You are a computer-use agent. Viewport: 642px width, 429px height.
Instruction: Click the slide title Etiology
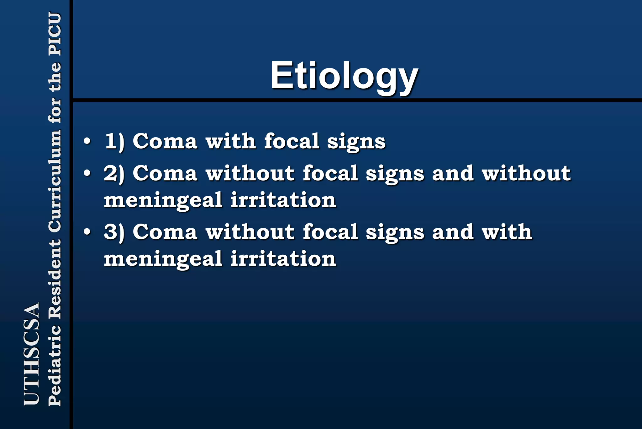pyautogui.click(x=344, y=76)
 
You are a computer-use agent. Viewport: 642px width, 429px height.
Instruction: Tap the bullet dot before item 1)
pyautogui.click(x=87, y=141)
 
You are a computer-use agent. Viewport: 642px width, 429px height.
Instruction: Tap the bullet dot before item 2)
pyautogui.click(x=87, y=173)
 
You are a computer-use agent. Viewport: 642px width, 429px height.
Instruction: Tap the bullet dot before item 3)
pyautogui.click(x=87, y=232)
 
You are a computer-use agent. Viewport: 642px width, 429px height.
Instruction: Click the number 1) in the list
pyautogui.click(x=114, y=141)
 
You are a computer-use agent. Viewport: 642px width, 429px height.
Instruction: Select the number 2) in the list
pyautogui.click(x=114, y=173)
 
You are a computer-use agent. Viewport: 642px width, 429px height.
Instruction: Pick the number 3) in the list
pyautogui.click(x=114, y=232)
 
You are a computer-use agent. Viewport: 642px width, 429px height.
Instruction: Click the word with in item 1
pyautogui.click(x=230, y=141)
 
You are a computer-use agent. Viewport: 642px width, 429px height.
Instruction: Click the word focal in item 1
pyautogui.click(x=292, y=141)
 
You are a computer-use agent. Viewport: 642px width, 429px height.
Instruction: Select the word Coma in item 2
pyautogui.click(x=165, y=173)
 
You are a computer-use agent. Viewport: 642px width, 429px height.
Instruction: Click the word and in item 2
pyautogui.click(x=453, y=173)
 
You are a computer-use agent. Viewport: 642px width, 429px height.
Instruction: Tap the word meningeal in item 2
pyautogui.click(x=163, y=200)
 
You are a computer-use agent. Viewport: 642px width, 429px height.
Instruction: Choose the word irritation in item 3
pyautogui.click(x=283, y=259)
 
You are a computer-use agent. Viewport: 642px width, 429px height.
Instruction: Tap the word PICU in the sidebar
pyautogui.click(x=55, y=34)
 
